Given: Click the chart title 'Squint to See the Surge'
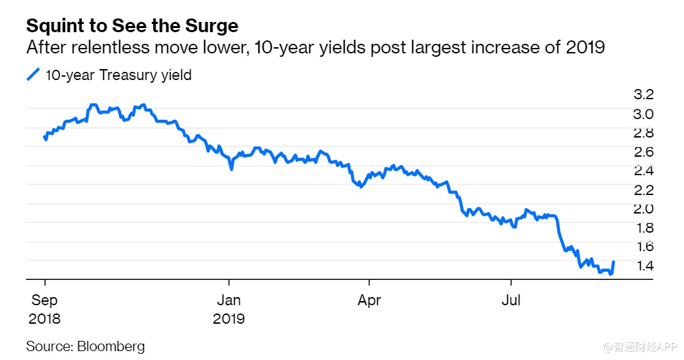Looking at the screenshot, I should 132,27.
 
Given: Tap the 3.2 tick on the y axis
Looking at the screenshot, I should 644,94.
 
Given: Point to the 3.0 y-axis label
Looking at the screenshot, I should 644,113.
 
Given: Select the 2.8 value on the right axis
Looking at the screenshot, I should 644,132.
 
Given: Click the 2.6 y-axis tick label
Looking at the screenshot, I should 644,151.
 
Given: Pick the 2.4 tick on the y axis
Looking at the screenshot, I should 644,170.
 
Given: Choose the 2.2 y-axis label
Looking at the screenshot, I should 644,189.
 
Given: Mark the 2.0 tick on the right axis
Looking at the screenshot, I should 644,208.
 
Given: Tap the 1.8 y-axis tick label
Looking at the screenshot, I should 644,227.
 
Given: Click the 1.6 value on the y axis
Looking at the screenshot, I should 644,246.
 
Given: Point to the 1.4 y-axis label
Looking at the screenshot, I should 644,265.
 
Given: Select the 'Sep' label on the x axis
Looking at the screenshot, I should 45,300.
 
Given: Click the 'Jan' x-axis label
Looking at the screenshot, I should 229,300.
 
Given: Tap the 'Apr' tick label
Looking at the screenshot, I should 369,300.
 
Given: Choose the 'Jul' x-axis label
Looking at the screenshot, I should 511,300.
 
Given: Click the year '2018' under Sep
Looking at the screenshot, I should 45,318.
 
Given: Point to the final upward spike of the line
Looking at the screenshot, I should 613,264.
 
